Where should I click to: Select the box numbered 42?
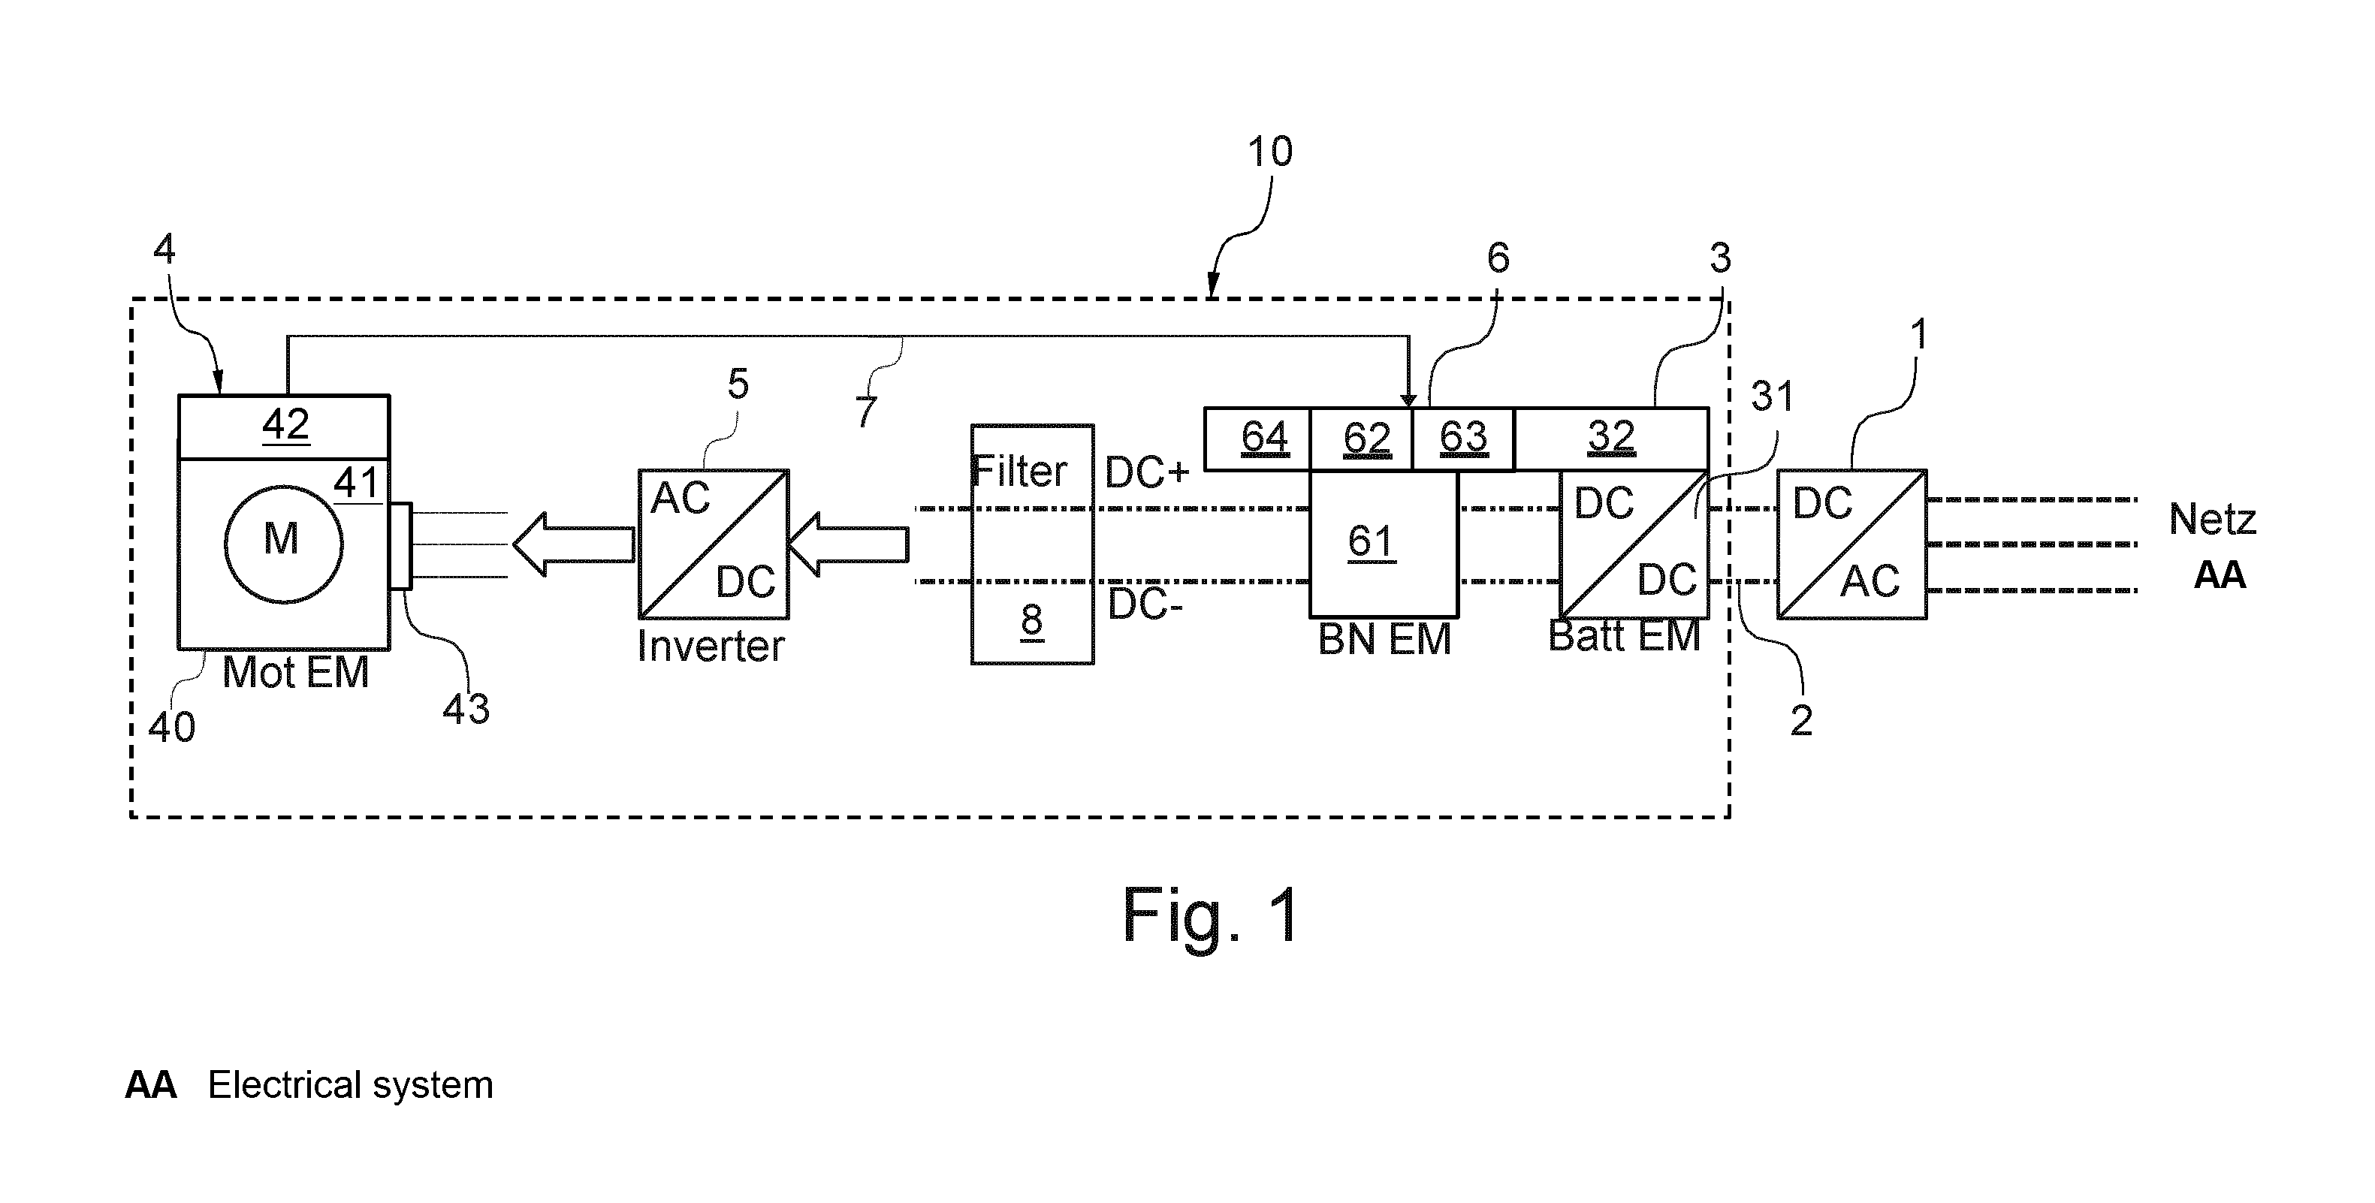(284, 427)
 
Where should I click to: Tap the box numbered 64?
(1257, 439)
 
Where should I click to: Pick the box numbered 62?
(1362, 439)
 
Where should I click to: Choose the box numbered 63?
(1463, 439)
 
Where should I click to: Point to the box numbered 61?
(1384, 544)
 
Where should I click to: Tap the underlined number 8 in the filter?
(1032, 620)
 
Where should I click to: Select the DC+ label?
(1147, 473)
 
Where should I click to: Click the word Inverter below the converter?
(711, 647)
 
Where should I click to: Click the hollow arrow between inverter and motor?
(572, 545)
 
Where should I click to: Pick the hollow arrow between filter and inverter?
(848, 545)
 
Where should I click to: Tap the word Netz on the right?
(2212, 520)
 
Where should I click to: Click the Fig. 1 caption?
(1211, 915)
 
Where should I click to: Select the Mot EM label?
(296, 673)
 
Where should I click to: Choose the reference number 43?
(466, 709)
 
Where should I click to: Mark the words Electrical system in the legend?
(350, 1086)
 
